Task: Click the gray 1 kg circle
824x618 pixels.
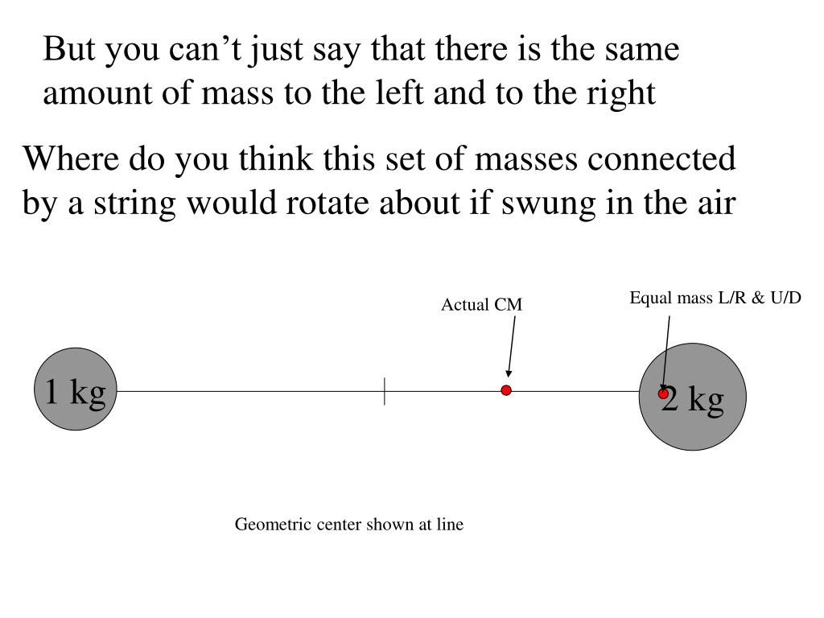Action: tap(76, 389)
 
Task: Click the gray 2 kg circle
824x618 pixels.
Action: tap(693, 397)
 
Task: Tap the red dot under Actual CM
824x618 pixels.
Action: tap(506, 390)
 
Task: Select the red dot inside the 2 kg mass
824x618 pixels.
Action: tap(663, 393)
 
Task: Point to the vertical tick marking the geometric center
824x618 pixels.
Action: tap(385, 392)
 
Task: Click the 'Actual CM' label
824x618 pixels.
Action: tap(481, 305)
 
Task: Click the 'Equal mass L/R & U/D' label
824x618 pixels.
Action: tap(715, 298)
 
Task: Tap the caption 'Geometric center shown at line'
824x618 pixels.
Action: tap(349, 525)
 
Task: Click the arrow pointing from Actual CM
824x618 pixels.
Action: tap(511, 346)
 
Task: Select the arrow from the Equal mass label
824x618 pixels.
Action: tap(666, 354)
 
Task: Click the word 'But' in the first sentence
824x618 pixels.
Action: tap(69, 49)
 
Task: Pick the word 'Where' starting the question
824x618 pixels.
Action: tap(71, 159)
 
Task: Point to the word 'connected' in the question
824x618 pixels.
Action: tap(661, 159)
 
